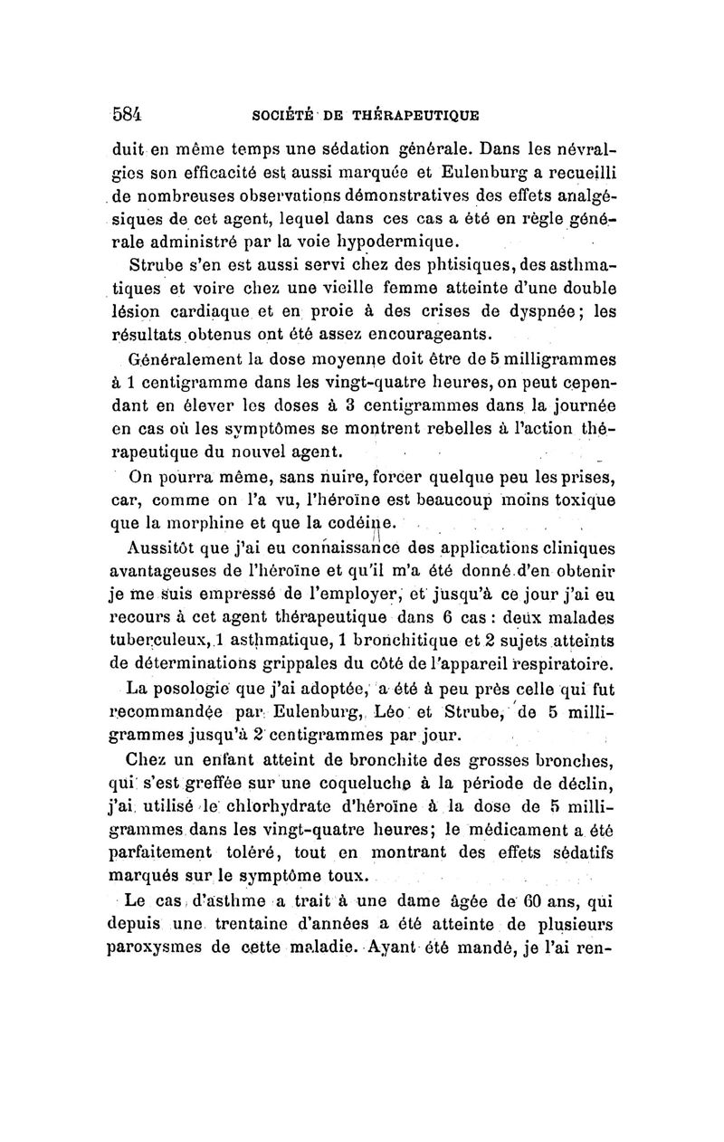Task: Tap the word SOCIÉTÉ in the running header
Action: coord(277,117)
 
